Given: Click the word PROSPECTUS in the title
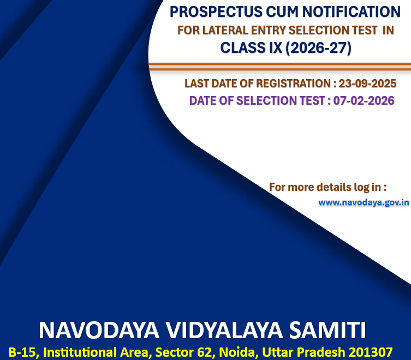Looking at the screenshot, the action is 216,12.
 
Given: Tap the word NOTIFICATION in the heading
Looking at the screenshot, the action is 352,12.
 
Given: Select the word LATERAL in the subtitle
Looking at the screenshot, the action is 225,30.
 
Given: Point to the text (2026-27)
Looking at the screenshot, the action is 318,48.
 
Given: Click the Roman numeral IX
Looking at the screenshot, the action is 275,48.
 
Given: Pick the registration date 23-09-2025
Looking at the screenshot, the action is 367,83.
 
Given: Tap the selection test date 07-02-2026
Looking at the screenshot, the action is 364,100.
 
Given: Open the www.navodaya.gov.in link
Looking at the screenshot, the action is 364,202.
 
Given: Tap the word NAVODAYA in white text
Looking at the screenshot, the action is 99,330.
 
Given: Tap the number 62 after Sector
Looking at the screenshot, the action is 204,352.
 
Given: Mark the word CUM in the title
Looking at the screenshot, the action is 282,12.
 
